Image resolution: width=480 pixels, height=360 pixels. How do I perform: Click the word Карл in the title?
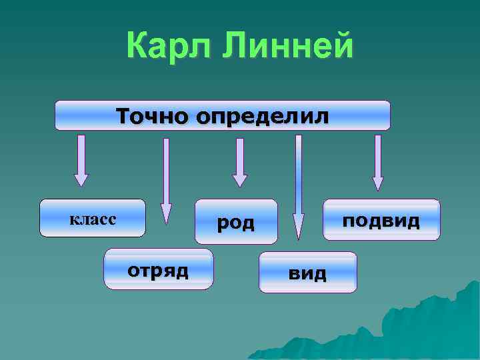point(170,47)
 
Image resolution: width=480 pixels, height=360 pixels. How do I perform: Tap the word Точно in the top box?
point(152,115)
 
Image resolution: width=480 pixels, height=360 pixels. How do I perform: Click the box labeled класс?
point(93,218)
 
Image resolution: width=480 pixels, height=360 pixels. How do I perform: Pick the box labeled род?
point(236,221)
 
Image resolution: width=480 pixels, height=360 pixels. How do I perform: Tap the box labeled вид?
point(307,272)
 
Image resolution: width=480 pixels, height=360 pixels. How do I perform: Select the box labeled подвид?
point(381,219)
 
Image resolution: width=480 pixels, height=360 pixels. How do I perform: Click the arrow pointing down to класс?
point(81,160)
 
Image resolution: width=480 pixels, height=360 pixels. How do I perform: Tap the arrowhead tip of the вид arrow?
point(299,235)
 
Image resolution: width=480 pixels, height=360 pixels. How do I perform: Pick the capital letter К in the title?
point(138,47)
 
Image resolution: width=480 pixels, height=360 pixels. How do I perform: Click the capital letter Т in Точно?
point(125,115)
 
